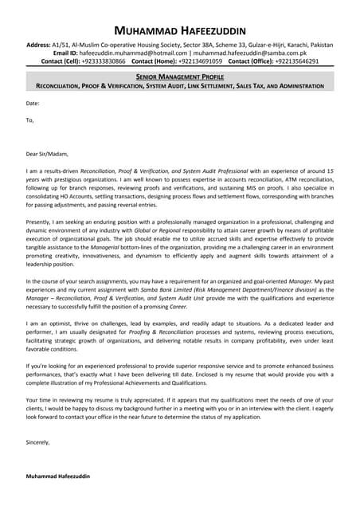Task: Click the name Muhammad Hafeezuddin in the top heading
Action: tap(180, 29)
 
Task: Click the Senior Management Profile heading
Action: tap(180, 76)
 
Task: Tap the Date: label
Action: tap(33, 104)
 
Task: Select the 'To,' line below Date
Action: tap(30, 120)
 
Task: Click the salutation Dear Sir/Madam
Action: tap(47, 154)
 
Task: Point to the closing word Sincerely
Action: tap(37, 441)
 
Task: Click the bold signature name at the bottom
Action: tap(58, 475)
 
